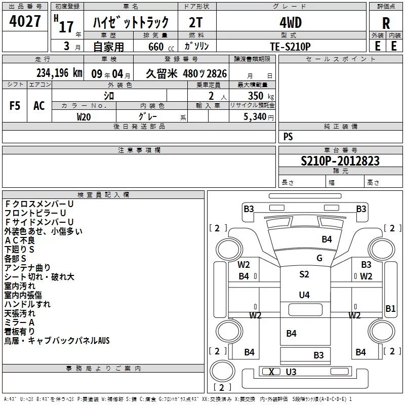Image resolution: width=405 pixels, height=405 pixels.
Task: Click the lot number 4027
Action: pos(25,21)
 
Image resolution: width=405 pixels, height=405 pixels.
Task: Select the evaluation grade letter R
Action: pos(386,23)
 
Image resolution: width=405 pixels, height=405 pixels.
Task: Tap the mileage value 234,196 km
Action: pos(59,73)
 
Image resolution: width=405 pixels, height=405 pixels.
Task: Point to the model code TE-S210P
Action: pos(290,47)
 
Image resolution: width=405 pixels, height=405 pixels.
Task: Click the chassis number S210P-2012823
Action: pos(340,161)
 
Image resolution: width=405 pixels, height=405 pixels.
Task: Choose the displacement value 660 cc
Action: pos(161,47)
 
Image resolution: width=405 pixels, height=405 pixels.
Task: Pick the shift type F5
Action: pos(15,106)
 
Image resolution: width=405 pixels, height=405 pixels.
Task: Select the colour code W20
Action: pos(84,117)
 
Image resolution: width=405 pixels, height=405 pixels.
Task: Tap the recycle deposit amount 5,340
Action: pos(255,117)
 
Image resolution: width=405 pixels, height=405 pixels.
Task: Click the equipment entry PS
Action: pos(288,137)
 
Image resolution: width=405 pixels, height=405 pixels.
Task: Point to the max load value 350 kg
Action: pos(261,96)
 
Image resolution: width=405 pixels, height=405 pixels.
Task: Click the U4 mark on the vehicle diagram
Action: pos(304,295)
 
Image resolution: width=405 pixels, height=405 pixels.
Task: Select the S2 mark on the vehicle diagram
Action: pos(304,274)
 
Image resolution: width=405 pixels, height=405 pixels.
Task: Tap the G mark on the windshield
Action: pos(319,258)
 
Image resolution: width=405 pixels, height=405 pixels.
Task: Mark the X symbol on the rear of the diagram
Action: pos(271,372)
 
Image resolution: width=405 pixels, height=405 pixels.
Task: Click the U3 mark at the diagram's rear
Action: pos(291,372)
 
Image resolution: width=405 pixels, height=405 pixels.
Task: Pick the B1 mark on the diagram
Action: pos(390,309)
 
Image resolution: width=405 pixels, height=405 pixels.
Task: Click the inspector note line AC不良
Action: pos(20,240)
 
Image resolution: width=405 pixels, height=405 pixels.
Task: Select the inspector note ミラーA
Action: pos(19,322)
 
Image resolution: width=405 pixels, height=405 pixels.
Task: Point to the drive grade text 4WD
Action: pos(291,23)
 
